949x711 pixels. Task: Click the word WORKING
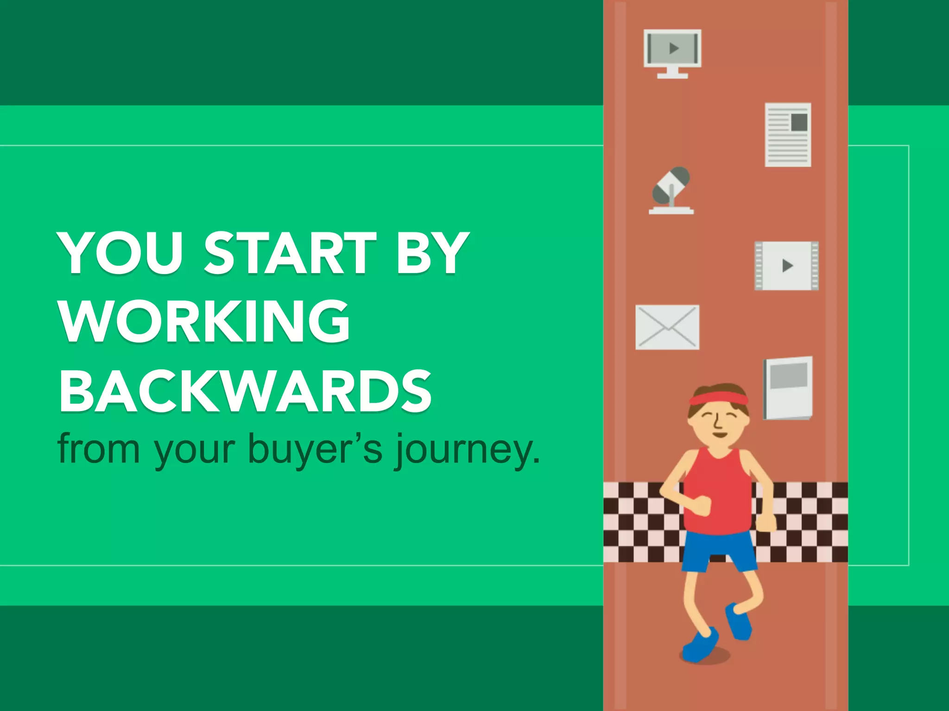coord(204,321)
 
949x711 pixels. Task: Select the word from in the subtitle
coord(99,448)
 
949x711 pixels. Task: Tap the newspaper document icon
coord(788,135)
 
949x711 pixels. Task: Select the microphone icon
coord(671,190)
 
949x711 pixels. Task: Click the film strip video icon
coord(786,266)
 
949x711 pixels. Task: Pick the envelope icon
coord(667,327)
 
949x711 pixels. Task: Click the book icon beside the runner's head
coord(788,387)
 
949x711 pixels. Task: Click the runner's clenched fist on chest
coord(702,505)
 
